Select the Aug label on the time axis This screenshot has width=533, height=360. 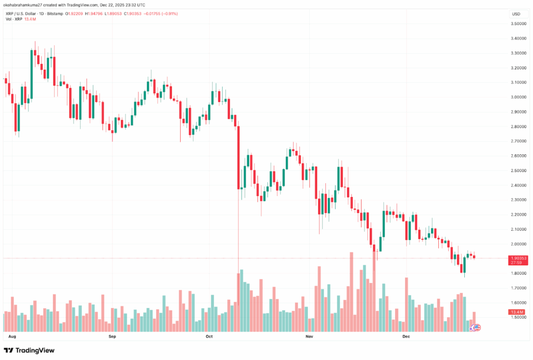click(x=13, y=337)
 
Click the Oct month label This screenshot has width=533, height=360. click(x=209, y=337)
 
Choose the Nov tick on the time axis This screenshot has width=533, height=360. click(x=309, y=337)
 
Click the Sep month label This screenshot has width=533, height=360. click(x=112, y=337)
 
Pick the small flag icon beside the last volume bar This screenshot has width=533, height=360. click(x=475, y=328)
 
